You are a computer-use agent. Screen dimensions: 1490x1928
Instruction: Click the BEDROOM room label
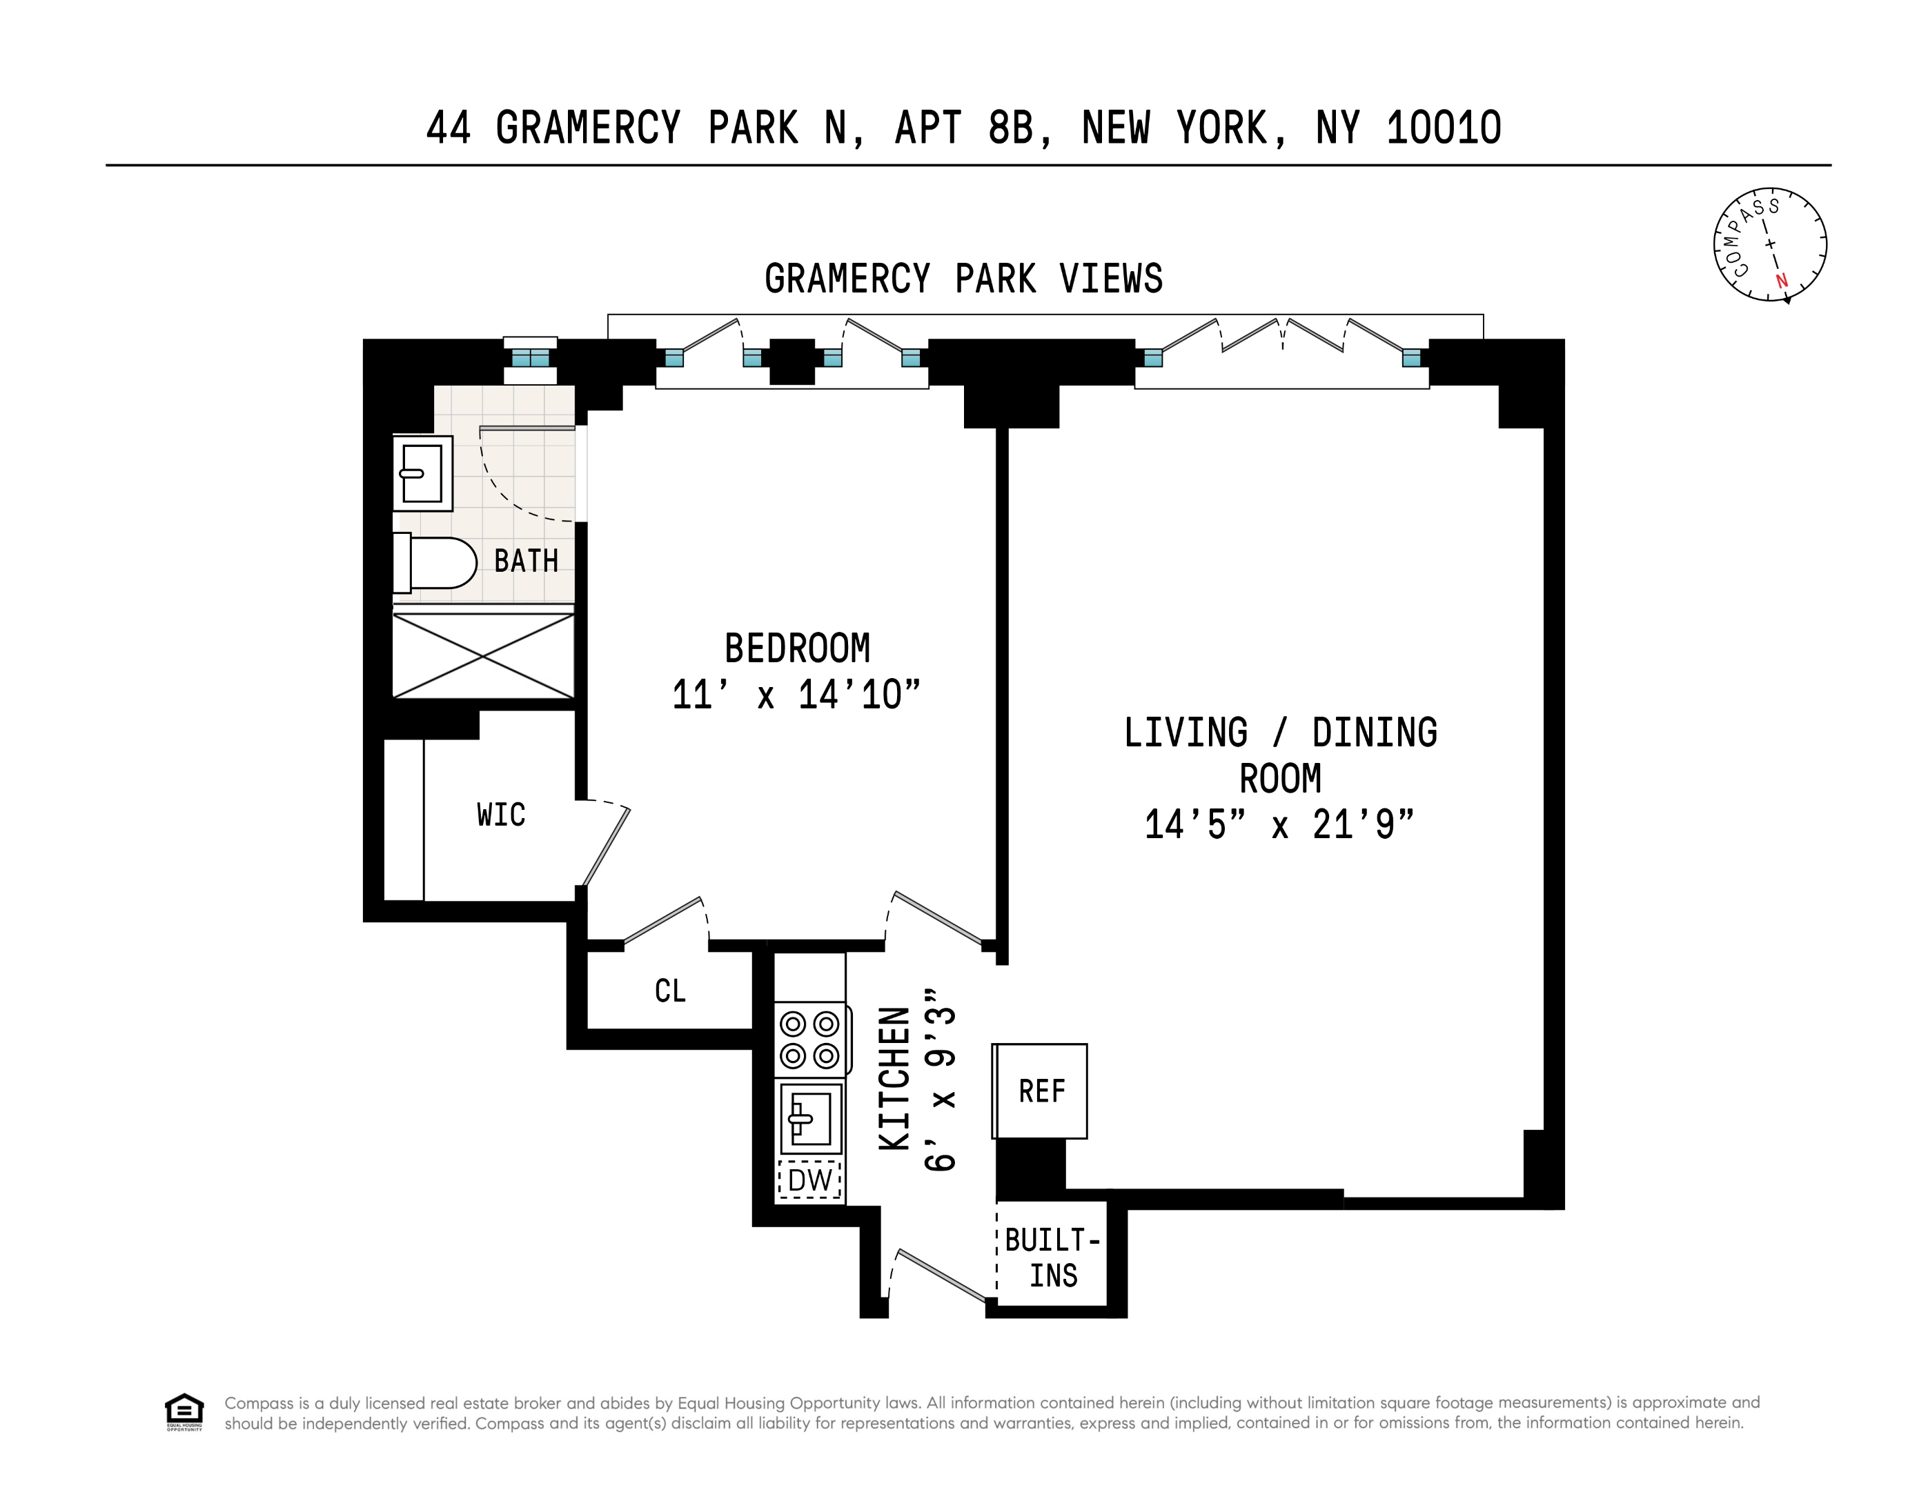click(797, 649)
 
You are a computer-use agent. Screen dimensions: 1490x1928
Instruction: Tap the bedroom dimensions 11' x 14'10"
click(796, 695)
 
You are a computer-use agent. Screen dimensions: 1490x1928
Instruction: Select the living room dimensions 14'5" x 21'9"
click(1279, 825)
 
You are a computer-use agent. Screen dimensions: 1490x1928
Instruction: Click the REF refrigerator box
click(1041, 1092)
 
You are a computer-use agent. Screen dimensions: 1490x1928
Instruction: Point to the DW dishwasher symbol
click(809, 1180)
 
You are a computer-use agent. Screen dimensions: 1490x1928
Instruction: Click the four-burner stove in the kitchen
click(810, 1040)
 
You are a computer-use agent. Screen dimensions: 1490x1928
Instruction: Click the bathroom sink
click(422, 473)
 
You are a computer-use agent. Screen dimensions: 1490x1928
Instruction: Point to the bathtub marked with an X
click(483, 655)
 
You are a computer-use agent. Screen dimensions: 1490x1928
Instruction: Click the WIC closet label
click(500, 815)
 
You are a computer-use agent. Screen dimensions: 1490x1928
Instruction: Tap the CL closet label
click(670, 991)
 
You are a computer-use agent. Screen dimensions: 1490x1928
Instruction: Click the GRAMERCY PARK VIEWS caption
click(963, 279)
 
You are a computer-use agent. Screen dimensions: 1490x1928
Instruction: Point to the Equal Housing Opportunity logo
click(184, 1411)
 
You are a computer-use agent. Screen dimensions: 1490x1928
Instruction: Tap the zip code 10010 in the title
click(1444, 128)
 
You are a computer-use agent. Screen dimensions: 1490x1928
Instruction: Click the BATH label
click(526, 562)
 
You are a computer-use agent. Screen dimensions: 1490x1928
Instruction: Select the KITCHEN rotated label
click(894, 1079)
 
